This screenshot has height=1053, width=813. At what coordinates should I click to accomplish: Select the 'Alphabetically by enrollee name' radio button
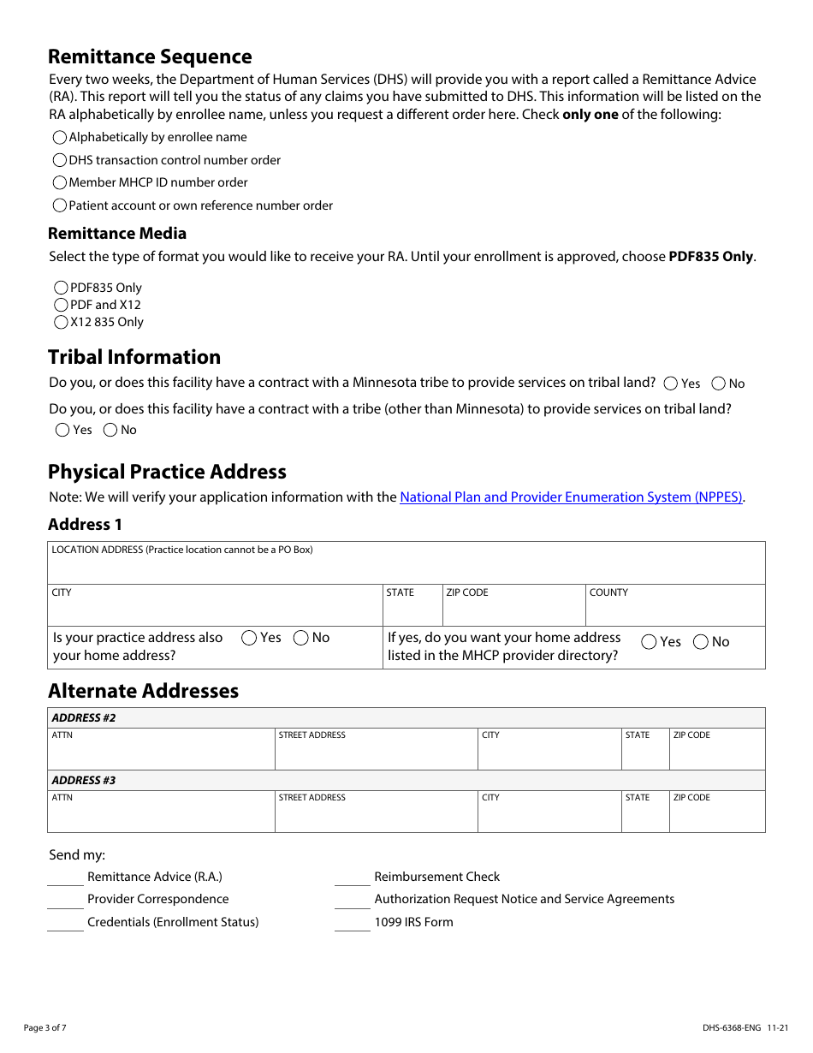coord(60,137)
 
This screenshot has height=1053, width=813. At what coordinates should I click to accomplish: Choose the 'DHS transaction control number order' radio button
coord(60,160)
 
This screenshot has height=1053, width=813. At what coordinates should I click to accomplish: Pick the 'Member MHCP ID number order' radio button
coord(60,182)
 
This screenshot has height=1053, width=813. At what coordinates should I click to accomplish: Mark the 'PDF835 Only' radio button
coord(61,288)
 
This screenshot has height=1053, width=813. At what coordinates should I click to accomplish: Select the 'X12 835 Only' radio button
coord(61,322)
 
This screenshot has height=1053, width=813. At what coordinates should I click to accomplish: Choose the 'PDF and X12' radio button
coord(61,305)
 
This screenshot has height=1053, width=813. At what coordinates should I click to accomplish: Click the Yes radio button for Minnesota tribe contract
coord(671,384)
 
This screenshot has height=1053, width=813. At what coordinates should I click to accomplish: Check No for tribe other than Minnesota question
coord(110,430)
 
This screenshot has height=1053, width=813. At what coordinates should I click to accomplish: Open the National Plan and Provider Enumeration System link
coord(571,497)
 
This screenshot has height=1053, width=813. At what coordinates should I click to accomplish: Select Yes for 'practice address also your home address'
coord(249,638)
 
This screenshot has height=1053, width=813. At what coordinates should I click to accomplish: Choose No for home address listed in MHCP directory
coord(700,642)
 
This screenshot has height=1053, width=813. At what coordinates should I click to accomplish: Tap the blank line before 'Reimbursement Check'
coord(352,878)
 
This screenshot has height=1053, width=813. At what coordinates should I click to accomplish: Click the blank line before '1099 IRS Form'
coord(352,924)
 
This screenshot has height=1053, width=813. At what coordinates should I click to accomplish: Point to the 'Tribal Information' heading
coord(134,357)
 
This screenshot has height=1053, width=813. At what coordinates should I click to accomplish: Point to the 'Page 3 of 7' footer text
coord(45,1027)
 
